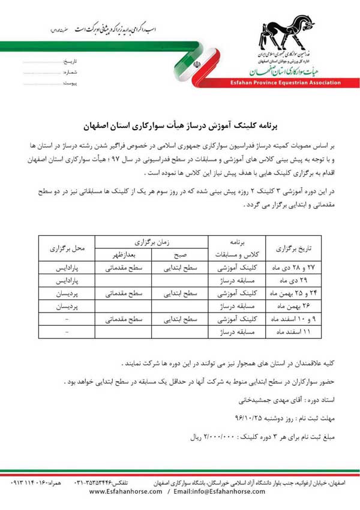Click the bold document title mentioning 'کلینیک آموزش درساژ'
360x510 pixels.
pos(180,127)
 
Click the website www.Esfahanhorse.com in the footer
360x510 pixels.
pos(126,491)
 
